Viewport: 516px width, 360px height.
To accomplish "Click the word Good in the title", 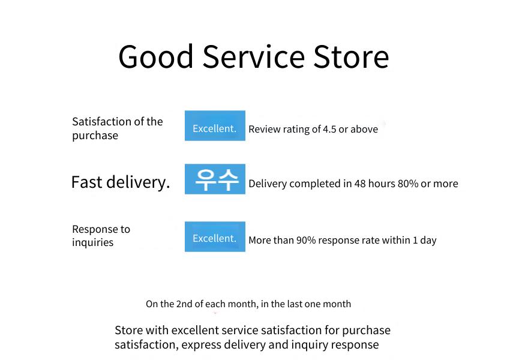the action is (155, 57).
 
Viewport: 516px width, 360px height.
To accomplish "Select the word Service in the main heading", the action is (253, 57).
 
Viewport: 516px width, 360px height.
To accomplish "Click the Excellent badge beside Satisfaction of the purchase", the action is (215, 126).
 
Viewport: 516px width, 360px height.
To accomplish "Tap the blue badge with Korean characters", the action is (215, 179).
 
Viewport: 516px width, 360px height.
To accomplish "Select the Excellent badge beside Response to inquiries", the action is (215, 236).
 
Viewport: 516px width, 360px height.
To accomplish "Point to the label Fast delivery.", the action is (121, 182).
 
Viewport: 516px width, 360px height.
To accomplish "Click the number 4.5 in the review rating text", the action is (329, 130).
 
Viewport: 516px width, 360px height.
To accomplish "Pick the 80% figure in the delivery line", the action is (408, 184).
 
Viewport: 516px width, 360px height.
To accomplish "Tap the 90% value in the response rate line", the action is (306, 240).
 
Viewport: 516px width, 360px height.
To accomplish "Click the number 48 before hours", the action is (360, 184).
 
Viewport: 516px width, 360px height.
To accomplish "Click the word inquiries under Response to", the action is (93, 242).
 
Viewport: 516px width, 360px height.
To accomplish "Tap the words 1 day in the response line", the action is (425, 241).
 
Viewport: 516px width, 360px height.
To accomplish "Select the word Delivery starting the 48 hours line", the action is (268, 184).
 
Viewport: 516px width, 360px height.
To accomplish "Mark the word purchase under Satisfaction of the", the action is (95, 136).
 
